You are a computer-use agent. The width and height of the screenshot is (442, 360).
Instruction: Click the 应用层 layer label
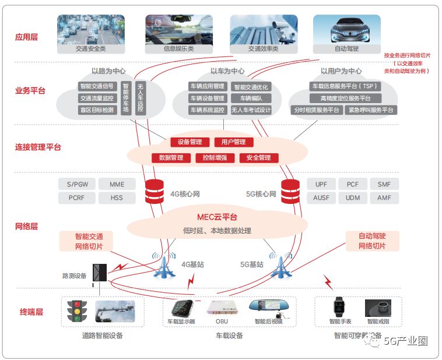point(27,37)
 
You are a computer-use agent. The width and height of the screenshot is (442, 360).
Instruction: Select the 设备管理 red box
point(190,142)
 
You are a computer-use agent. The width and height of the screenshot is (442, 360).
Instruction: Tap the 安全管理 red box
point(258,157)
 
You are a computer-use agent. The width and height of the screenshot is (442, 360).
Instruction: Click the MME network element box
point(117,184)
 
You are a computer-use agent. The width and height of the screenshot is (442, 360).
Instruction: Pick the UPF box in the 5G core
point(321,184)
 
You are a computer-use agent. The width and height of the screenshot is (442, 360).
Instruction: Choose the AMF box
point(384,197)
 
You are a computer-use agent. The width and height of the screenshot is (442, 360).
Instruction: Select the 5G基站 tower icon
point(281,266)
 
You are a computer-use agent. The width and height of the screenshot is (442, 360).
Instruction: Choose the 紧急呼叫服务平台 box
point(371,110)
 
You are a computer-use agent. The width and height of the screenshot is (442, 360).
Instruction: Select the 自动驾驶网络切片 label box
point(372,241)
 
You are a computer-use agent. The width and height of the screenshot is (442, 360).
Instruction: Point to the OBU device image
point(221,309)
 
